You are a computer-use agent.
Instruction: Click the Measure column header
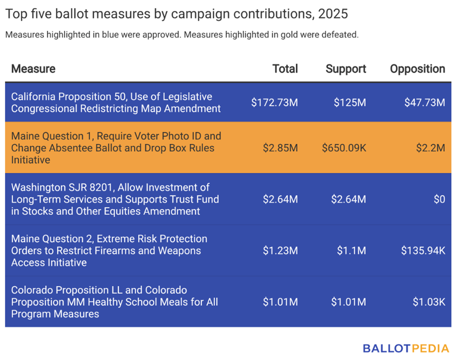(x=33, y=69)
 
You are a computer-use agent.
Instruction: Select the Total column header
(x=285, y=69)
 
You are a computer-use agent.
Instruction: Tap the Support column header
(x=346, y=69)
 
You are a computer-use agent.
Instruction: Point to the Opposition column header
(x=417, y=69)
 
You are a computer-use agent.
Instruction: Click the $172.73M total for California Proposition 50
(x=274, y=103)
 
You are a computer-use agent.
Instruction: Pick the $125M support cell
(x=349, y=103)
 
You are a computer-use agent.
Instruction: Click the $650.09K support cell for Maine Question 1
(x=344, y=148)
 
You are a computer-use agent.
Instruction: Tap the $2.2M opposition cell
(x=431, y=148)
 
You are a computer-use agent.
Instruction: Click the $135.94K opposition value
(x=423, y=250)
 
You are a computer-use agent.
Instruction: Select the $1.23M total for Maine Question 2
(x=280, y=250)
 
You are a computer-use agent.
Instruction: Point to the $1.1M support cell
(x=351, y=250)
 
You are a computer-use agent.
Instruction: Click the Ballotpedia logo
(x=406, y=348)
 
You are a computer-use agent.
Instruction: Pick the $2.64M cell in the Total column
(x=280, y=199)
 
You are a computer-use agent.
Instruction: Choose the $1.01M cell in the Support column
(x=348, y=302)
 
